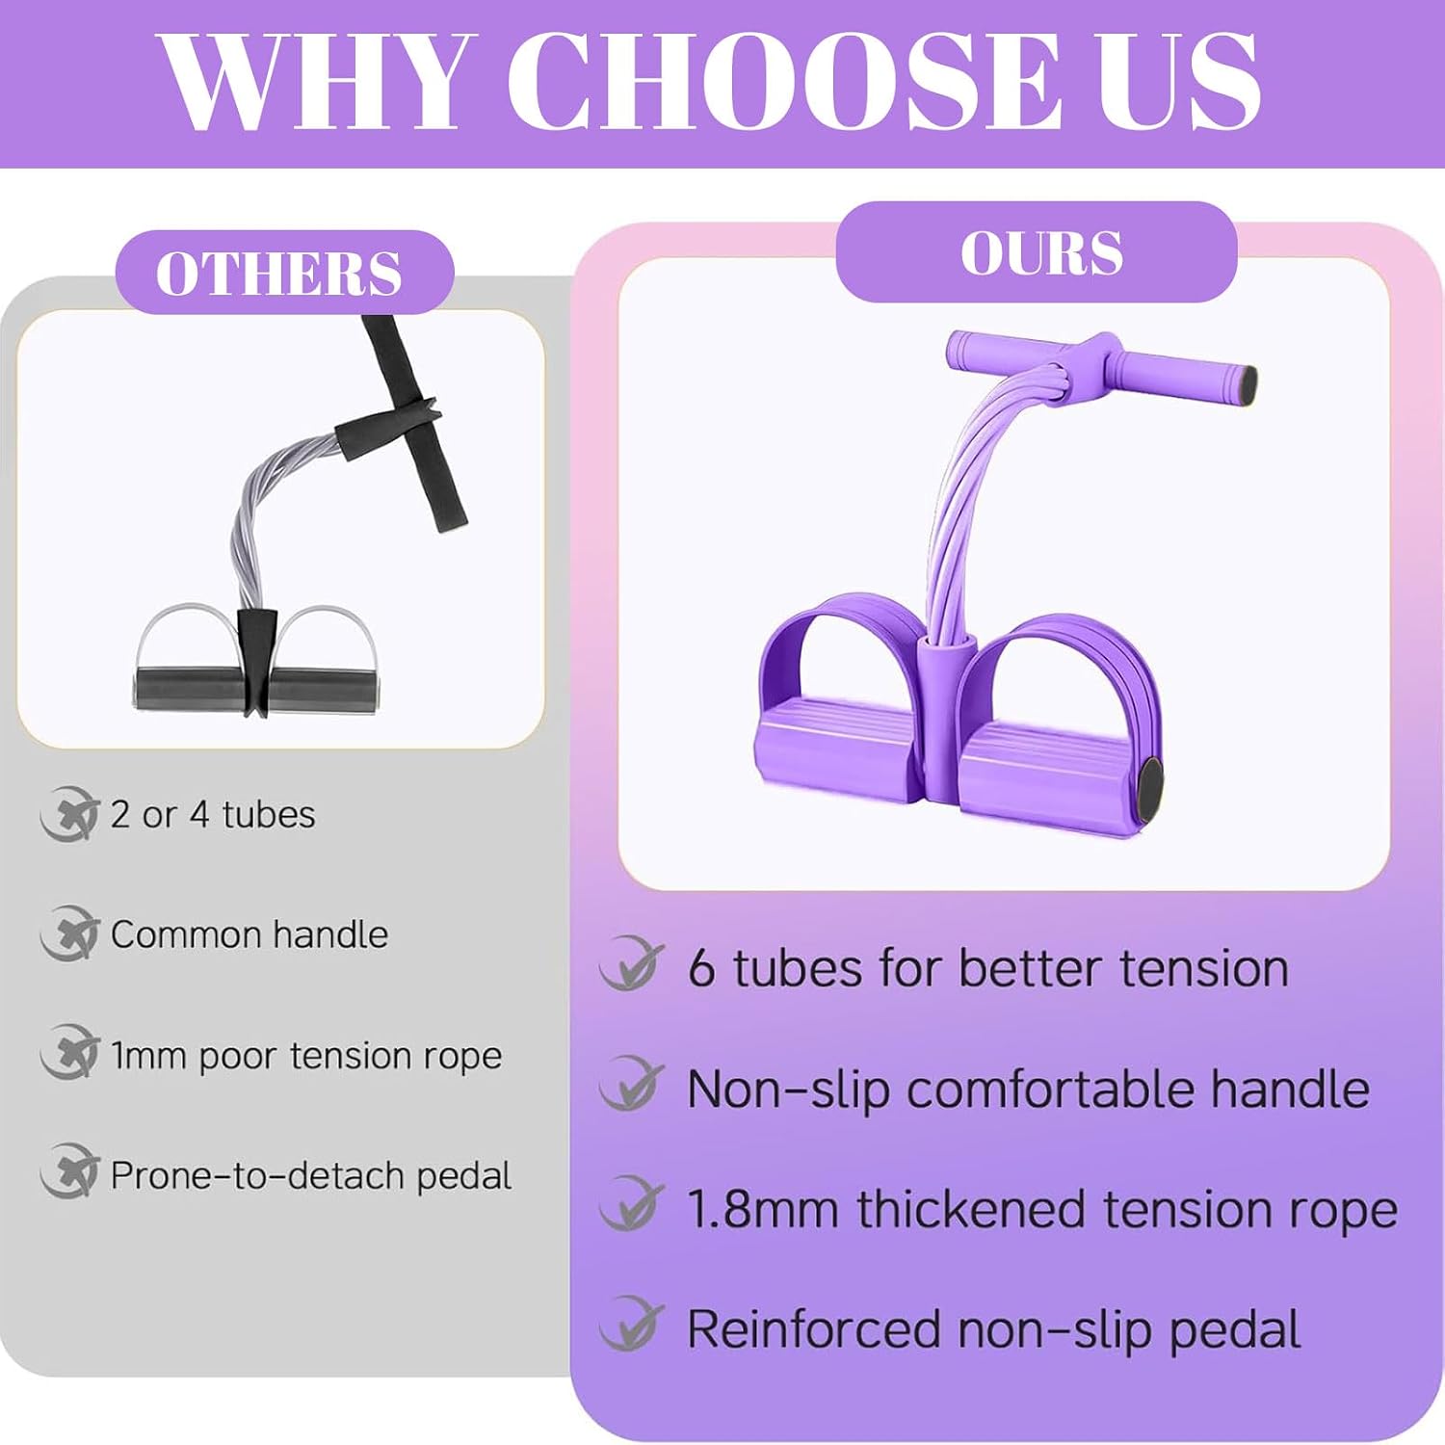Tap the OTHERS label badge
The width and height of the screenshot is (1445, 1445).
[284, 273]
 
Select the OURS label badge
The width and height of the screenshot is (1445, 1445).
[1037, 252]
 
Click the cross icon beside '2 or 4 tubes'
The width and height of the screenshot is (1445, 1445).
[69, 814]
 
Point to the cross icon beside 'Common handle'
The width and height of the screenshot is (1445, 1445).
[69, 933]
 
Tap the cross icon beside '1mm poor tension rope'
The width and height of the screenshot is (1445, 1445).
[69, 1053]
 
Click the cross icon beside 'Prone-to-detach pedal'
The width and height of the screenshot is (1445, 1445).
[69, 1172]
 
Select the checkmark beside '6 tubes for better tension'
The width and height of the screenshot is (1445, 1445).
[632, 964]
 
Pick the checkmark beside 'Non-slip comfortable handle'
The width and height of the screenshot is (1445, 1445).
[632, 1085]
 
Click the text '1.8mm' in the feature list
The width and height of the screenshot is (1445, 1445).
[762, 1209]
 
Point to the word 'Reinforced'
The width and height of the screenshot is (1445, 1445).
[815, 1329]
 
